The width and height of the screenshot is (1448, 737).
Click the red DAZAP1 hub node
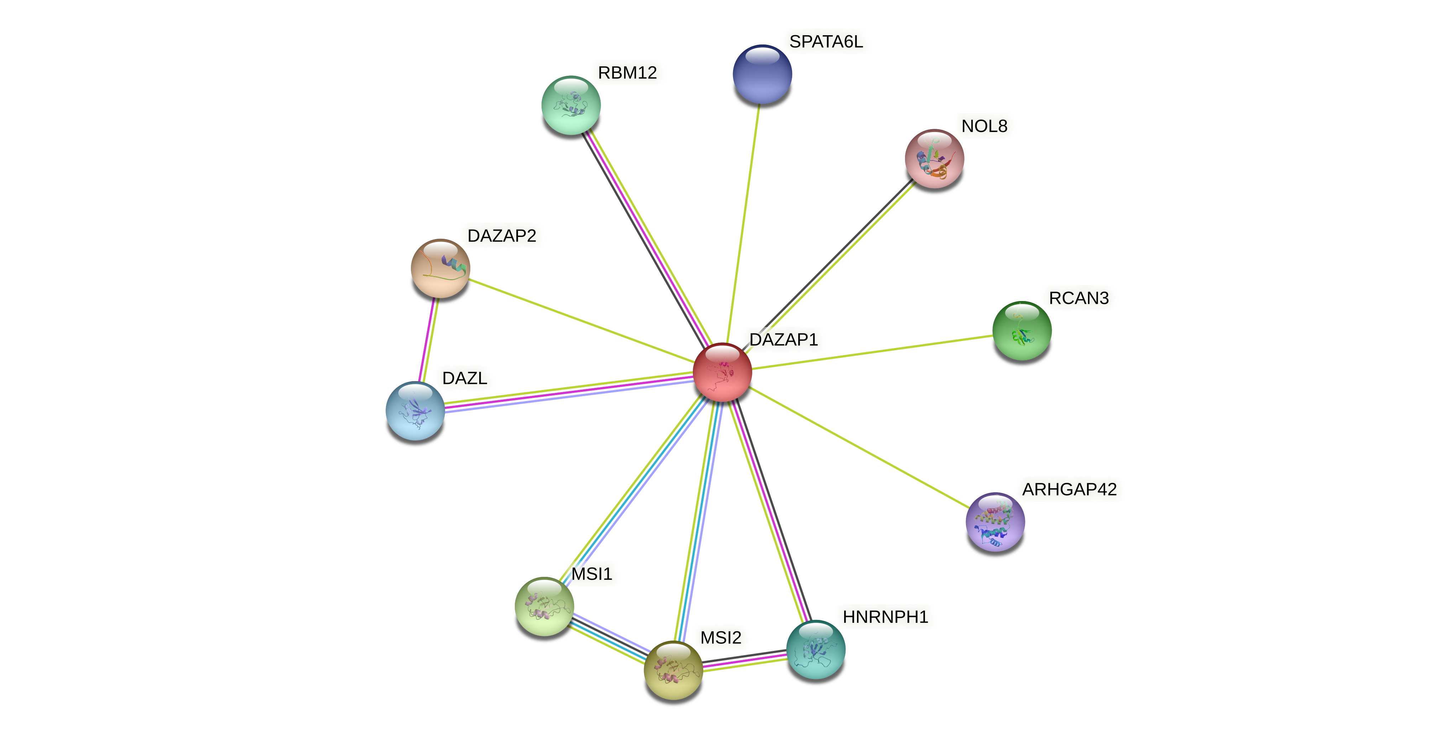click(x=722, y=372)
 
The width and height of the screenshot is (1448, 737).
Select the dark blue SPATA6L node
click(x=762, y=74)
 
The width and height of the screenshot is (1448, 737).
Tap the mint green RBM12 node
click(x=570, y=105)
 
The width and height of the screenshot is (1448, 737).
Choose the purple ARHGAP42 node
click(x=995, y=522)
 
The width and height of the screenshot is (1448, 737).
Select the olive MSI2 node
click(x=673, y=670)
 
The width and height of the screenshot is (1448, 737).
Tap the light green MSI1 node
click(x=544, y=606)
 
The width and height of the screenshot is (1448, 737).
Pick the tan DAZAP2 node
click(x=440, y=268)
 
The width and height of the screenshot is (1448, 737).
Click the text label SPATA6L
click(x=826, y=42)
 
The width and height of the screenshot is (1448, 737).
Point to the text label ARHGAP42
click(x=1069, y=489)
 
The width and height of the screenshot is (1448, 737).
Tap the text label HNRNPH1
click(x=885, y=617)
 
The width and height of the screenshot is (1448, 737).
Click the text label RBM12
click(x=627, y=73)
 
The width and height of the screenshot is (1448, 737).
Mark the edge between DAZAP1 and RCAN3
click(x=872, y=352)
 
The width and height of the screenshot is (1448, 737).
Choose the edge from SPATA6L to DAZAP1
click(x=743, y=223)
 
